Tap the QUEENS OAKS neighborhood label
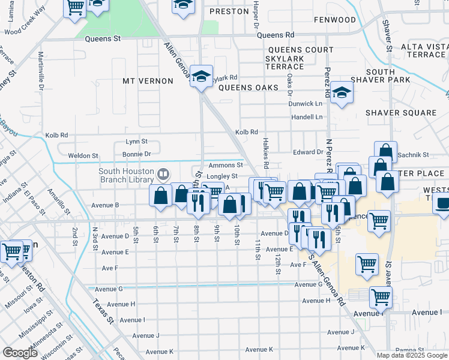[x=248, y=88]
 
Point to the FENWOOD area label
[x=334, y=20]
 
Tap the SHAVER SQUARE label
[x=400, y=113]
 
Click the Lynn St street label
[x=136, y=142]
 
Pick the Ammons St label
[x=225, y=165]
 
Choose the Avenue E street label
[x=279, y=249]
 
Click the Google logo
[x=20, y=353]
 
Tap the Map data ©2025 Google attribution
[x=411, y=355]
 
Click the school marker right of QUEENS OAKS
[x=342, y=93]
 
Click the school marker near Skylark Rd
[x=201, y=76]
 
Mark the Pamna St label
[x=410, y=350]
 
